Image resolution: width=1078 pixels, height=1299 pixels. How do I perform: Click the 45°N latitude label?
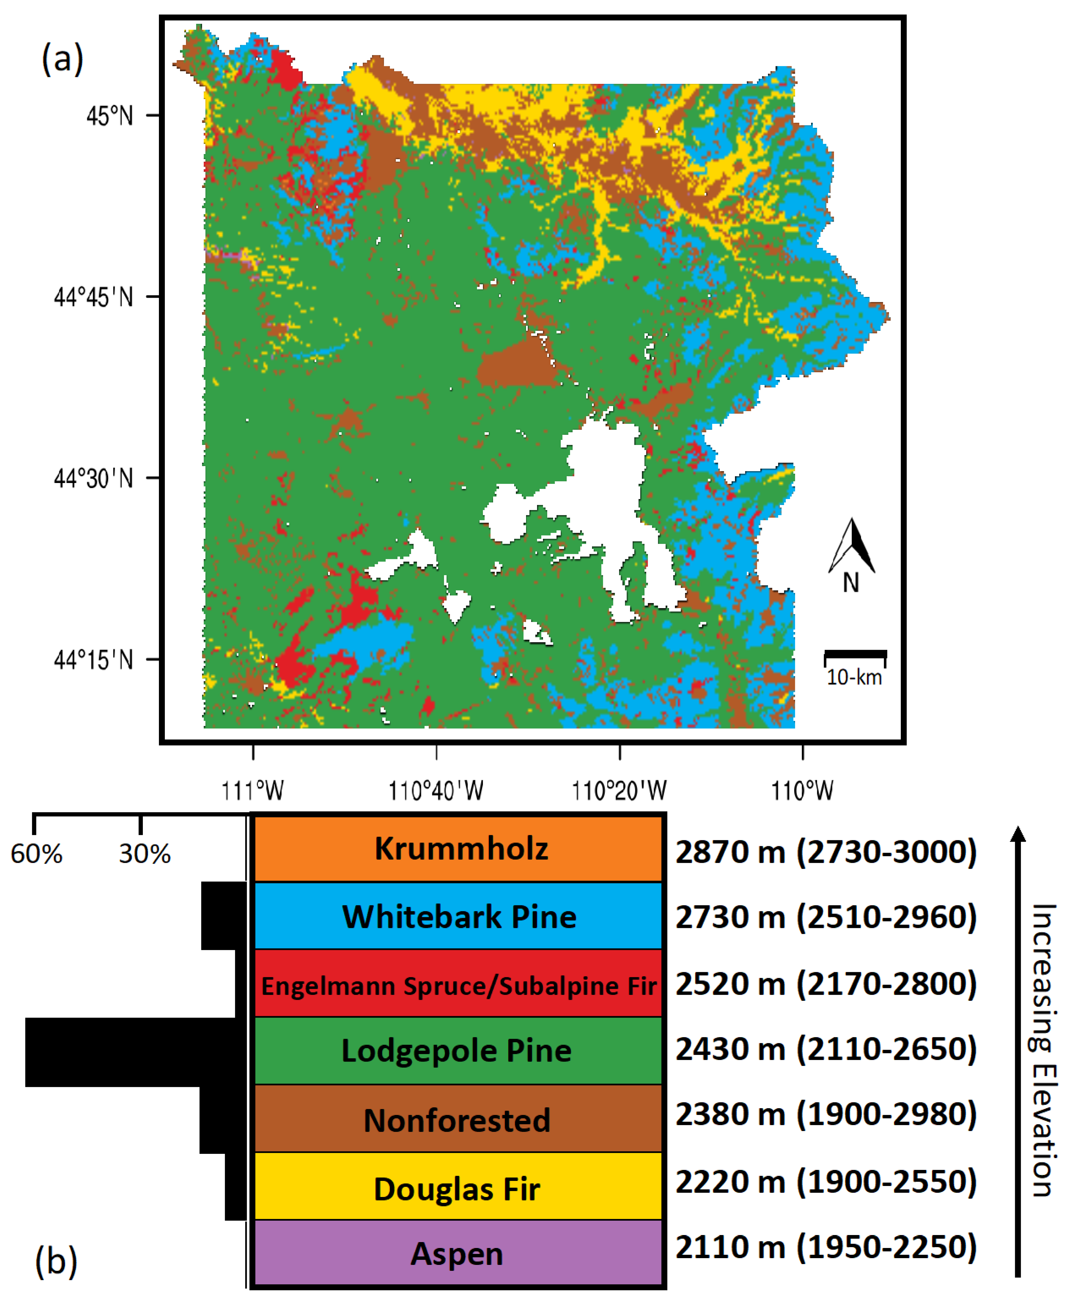pyautogui.click(x=110, y=116)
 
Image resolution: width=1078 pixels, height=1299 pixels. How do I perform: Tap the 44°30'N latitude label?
pyautogui.click(x=93, y=478)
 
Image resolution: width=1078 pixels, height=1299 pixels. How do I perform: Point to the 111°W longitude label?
pyautogui.click(x=252, y=791)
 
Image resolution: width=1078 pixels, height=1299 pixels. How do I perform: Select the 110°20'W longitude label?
pyautogui.click(x=619, y=791)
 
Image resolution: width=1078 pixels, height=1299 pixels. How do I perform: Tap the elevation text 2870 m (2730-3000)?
pyautogui.click(x=826, y=852)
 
